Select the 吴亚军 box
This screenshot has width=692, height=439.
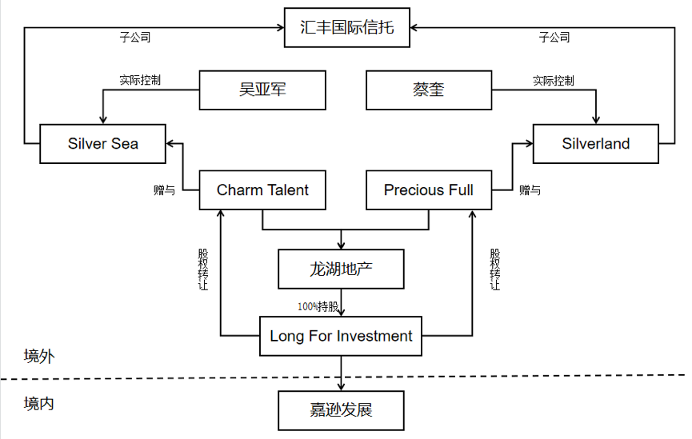click(262, 90)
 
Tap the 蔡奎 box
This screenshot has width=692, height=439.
click(429, 90)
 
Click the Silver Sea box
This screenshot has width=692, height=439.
click(103, 144)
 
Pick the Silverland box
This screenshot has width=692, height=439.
click(596, 144)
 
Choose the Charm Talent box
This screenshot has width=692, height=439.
click(262, 190)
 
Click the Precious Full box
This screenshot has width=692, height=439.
click(429, 190)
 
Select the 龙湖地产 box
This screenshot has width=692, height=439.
click(342, 269)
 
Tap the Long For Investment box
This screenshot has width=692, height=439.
click(342, 336)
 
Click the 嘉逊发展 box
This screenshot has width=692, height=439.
click(342, 410)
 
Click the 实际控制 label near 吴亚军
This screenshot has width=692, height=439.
click(140, 80)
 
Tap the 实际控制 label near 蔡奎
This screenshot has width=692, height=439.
click(554, 80)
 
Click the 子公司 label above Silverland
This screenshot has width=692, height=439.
click(554, 37)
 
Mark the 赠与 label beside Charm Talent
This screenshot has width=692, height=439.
click(164, 190)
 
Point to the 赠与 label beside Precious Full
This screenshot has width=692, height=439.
click(530, 190)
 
